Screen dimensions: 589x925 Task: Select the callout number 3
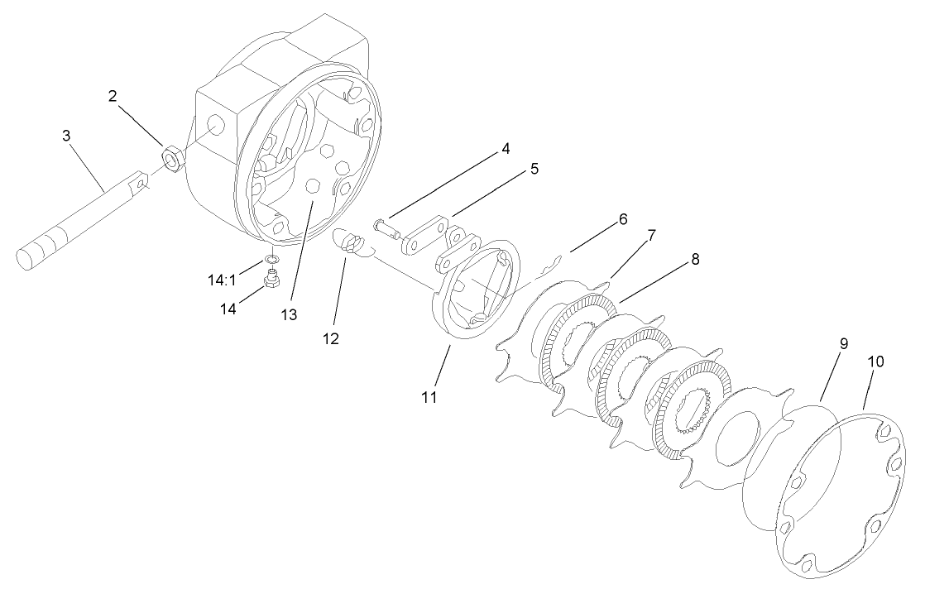pyautogui.click(x=67, y=135)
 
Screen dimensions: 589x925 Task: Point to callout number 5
pyautogui.click(x=534, y=169)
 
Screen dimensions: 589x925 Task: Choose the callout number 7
pyautogui.click(x=651, y=236)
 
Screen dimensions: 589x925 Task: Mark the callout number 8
pyautogui.click(x=695, y=260)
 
